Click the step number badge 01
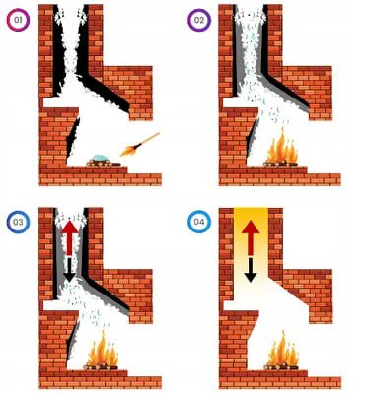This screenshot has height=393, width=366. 18,20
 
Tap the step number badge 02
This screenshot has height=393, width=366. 199,20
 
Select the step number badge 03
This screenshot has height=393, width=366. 18,222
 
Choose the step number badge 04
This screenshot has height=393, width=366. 199,222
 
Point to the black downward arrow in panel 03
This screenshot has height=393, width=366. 70,270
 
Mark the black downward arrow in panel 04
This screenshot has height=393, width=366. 251,270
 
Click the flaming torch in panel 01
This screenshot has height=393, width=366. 140,145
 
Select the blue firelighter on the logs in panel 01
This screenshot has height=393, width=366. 100,158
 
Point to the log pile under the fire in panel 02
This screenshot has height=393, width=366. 281,164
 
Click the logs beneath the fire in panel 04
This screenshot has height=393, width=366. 281,366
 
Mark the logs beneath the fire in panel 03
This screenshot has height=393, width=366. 102,366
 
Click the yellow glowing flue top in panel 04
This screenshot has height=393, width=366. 251,224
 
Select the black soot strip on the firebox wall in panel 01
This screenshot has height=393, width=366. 73,138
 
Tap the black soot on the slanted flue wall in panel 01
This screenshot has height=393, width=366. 107,96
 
